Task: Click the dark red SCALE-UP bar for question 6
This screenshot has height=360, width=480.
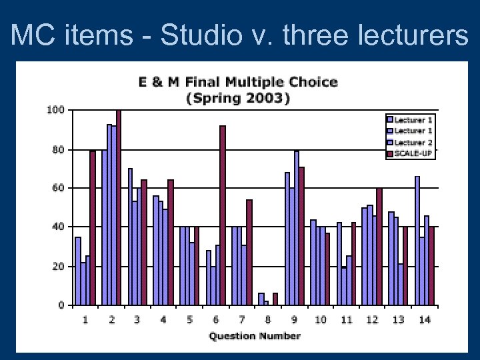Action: click(223, 215)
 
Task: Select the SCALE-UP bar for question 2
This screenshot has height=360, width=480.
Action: click(119, 207)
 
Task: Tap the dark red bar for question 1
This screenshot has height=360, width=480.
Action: click(93, 228)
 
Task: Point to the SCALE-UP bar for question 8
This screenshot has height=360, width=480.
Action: click(275, 299)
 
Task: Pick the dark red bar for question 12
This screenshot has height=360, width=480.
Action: click(379, 247)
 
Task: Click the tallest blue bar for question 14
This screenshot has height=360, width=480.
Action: click(417, 241)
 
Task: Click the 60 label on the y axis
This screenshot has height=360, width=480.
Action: click(57, 188)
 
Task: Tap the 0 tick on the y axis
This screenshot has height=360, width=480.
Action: click(61, 305)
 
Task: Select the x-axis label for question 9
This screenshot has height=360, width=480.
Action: click(294, 320)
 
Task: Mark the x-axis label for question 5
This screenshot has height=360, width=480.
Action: click(190, 320)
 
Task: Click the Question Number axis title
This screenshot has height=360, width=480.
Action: click(255, 336)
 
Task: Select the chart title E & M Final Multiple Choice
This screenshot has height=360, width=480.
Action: click(238, 83)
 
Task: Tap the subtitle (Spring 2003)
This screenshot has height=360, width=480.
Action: click(238, 98)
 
